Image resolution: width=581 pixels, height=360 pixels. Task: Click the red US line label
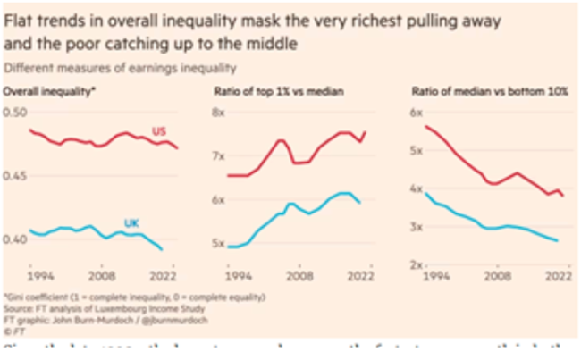pos(159,131)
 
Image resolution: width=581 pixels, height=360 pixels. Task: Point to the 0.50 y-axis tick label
pos(16,112)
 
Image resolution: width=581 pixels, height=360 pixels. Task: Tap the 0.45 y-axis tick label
pos(16,176)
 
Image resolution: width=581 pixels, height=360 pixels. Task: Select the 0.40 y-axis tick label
pos(16,239)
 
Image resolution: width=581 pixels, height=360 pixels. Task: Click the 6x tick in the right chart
pos(415,112)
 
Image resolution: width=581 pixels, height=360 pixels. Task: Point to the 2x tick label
pos(415,264)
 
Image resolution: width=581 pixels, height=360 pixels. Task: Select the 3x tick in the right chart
pos(415,227)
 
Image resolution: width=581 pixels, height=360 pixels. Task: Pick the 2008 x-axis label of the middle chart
pos(300,276)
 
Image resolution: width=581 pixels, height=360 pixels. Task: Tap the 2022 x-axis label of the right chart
pos(557,276)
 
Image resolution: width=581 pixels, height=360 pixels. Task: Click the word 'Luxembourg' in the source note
pos(107,306)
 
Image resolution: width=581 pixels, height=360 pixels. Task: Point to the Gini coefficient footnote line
pos(134,296)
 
